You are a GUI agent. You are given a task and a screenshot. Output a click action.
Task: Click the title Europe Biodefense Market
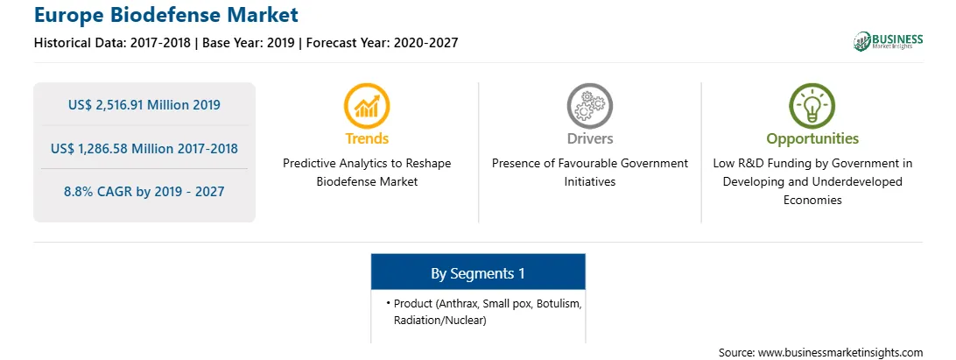click(x=166, y=15)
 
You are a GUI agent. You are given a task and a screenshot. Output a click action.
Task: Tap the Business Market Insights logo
click(x=888, y=41)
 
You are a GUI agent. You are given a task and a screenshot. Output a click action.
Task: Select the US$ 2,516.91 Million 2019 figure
click(x=144, y=105)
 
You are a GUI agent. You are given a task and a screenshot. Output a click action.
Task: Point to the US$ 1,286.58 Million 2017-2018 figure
click(x=144, y=148)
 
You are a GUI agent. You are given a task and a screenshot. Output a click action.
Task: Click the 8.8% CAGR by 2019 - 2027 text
click(x=144, y=192)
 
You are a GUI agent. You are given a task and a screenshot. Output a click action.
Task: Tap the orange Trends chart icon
click(x=367, y=106)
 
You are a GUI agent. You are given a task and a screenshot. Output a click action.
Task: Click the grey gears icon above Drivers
click(x=589, y=106)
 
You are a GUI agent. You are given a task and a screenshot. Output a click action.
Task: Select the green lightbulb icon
click(x=812, y=106)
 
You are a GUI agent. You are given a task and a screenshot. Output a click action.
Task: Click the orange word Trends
click(x=367, y=138)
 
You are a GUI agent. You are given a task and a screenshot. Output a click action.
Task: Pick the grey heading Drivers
click(x=590, y=138)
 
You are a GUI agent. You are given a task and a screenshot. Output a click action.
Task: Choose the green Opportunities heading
click(x=812, y=139)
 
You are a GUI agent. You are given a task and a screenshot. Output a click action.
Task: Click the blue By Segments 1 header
click(x=478, y=273)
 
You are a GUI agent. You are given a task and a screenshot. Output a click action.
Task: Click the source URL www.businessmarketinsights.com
click(x=840, y=353)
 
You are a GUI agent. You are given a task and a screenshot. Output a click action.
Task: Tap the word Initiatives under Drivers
click(x=590, y=182)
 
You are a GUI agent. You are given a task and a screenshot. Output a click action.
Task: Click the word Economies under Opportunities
click(x=812, y=200)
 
